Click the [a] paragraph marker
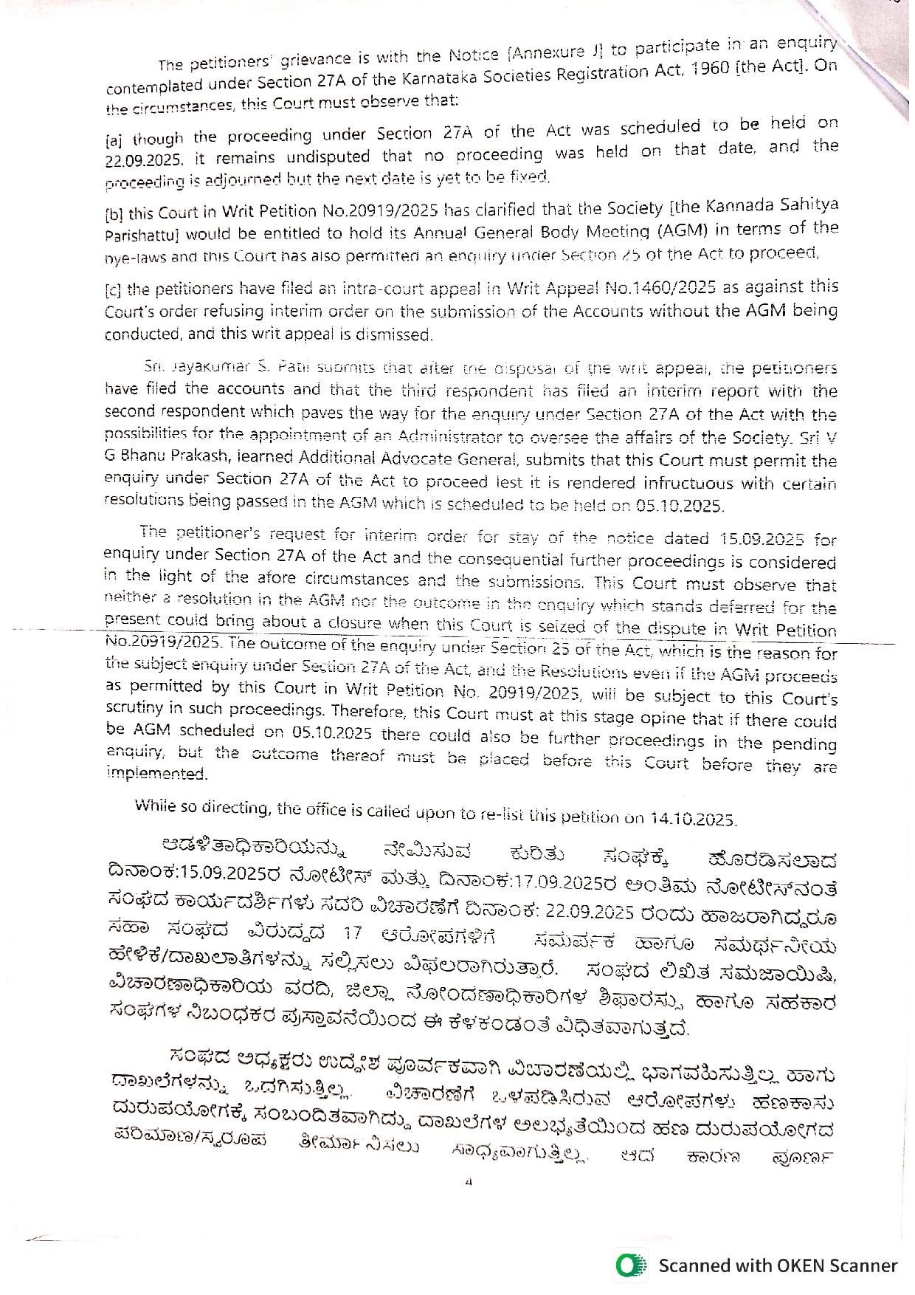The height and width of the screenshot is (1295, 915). tap(114, 140)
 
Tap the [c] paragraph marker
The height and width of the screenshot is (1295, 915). tap(114, 289)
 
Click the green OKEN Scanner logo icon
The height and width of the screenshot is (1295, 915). tap(632, 1265)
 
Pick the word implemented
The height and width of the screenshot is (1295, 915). tap(156, 773)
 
